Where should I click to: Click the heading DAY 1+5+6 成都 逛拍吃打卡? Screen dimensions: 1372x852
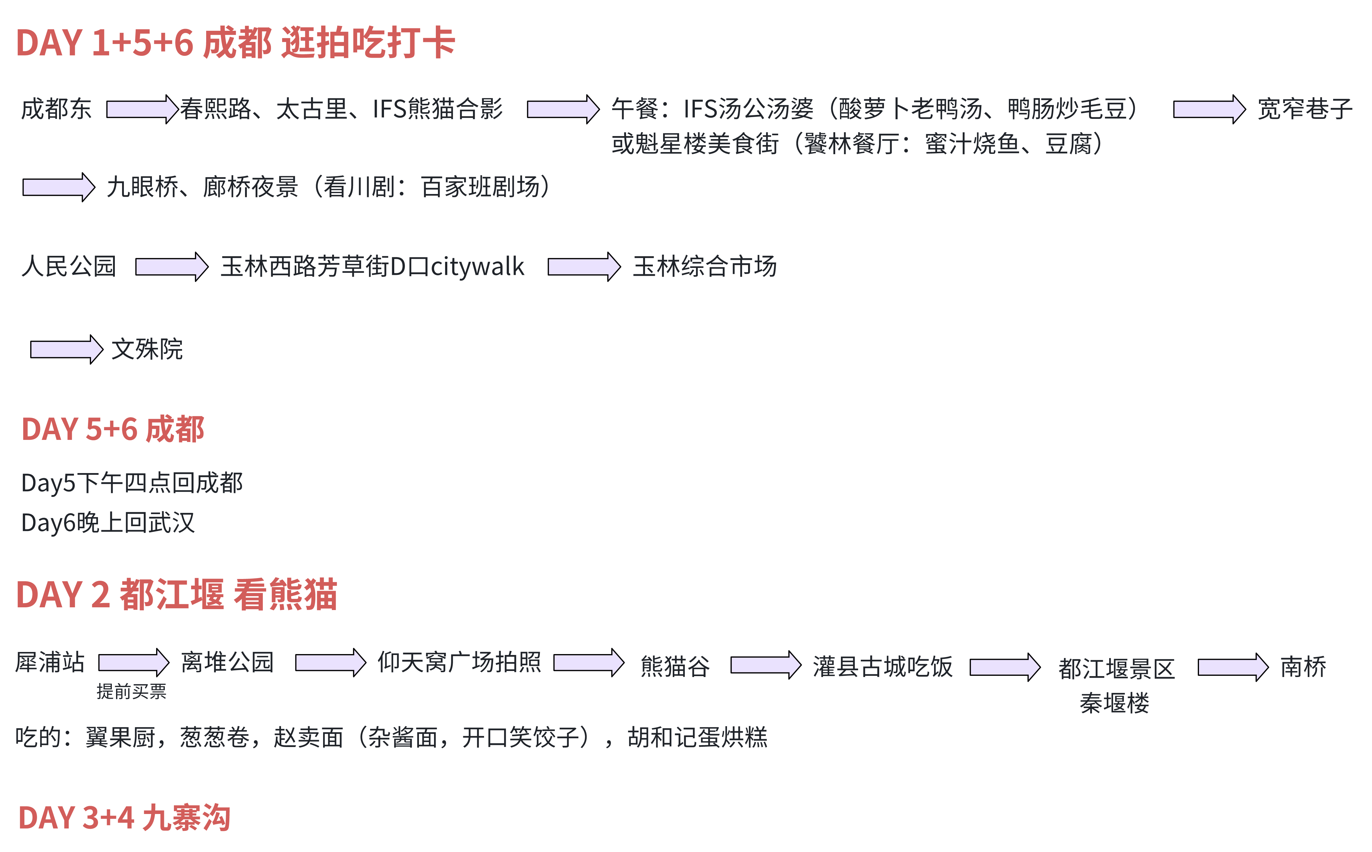(x=235, y=43)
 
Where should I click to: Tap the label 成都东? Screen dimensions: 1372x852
(x=56, y=109)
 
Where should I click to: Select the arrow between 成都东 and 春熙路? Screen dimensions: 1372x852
(x=143, y=109)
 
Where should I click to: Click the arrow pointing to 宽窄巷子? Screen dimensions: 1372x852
(x=1209, y=109)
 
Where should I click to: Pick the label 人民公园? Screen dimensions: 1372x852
(x=69, y=266)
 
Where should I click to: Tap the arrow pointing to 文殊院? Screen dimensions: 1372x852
(x=66, y=349)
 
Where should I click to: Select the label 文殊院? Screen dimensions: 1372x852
(x=147, y=349)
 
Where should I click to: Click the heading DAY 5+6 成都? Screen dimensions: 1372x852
(x=113, y=429)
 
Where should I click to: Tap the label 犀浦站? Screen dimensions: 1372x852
(x=50, y=662)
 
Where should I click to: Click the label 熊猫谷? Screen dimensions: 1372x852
(x=675, y=666)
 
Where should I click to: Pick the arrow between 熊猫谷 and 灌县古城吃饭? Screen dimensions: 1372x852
(x=766, y=665)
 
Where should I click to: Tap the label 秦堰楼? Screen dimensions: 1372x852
(x=1114, y=703)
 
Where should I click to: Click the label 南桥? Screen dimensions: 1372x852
(x=1303, y=667)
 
